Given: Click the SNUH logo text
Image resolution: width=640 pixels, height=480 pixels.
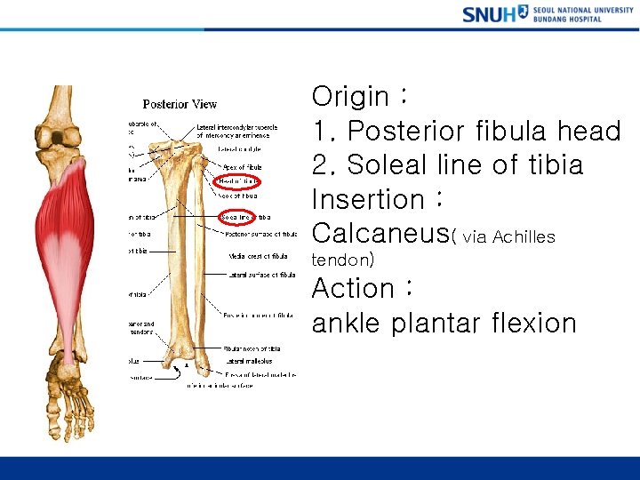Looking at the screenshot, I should (489, 13).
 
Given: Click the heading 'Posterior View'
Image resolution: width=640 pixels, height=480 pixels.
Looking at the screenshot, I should (180, 104).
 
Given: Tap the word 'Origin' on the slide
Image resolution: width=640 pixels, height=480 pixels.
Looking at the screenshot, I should (350, 96).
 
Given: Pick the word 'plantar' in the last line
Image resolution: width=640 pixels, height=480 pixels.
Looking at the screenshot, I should (431, 323).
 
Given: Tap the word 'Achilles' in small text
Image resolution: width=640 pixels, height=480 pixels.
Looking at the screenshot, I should (524, 236).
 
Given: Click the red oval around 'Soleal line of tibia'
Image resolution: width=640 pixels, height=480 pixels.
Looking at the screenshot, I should (236, 216).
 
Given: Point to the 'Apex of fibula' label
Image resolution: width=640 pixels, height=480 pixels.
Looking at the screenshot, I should (243, 167).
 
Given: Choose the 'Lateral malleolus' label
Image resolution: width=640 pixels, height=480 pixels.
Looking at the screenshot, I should (249, 361).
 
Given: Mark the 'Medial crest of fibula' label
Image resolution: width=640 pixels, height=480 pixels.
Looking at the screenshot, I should (256, 257).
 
